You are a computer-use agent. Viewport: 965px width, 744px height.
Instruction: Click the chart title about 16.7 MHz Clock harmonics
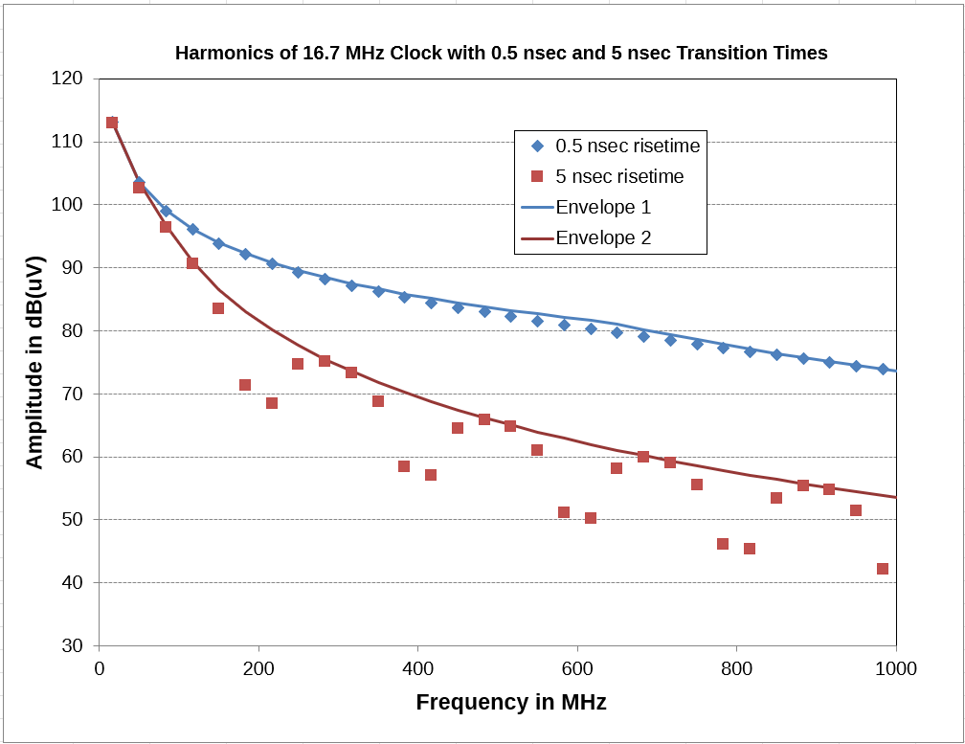click(501, 54)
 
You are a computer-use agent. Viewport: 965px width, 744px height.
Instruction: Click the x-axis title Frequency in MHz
click(510, 702)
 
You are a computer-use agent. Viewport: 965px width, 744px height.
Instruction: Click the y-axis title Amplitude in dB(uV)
click(34, 362)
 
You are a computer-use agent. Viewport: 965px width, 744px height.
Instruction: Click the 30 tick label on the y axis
click(72, 645)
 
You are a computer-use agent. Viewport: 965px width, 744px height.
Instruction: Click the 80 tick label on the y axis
click(72, 331)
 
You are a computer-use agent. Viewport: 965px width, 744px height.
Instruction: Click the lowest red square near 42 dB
click(883, 569)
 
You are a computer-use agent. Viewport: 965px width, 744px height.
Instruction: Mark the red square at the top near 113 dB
click(112, 123)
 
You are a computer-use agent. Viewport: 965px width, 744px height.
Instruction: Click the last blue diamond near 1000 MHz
click(883, 369)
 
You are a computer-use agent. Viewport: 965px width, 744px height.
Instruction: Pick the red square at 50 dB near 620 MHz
click(591, 518)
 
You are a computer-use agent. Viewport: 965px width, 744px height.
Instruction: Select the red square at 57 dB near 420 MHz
click(431, 475)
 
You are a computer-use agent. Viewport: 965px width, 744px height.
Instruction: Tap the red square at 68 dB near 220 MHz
click(272, 403)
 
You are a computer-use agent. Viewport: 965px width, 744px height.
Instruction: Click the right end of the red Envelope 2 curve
click(895, 497)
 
